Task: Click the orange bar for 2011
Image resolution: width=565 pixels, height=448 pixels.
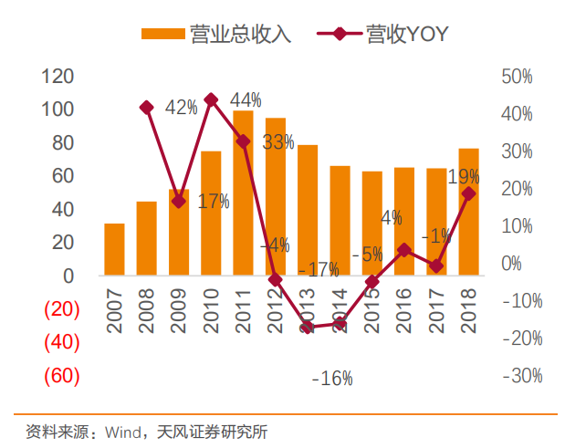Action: (x=243, y=193)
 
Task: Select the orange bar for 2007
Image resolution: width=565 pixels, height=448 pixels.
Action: (x=114, y=249)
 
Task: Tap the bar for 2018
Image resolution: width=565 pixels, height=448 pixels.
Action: (x=468, y=212)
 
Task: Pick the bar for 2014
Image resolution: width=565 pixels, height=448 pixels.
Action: (x=340, y=220)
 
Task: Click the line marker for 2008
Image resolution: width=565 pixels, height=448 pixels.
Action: (x=146, y=108)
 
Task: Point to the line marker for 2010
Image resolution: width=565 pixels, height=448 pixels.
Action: (x=211, y=99)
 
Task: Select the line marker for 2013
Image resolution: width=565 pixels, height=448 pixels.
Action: (x=308, y=327)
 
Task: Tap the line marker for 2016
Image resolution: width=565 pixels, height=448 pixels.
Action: (x=404, y=249)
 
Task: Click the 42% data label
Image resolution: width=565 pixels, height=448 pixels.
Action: (x=181, y=108)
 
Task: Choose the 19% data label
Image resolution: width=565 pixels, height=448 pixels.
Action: (x=464, y=176)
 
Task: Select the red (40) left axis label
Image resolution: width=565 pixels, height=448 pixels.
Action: (x=62, y=342)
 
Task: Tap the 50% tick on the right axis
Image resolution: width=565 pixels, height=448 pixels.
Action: (x=517, y=77)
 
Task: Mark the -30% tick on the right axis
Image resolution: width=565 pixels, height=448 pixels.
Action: (x=517, y=376)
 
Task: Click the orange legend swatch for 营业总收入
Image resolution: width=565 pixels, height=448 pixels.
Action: (x=163, y=34)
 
